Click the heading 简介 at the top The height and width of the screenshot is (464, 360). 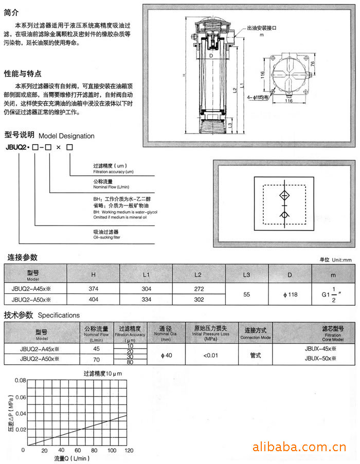coord(12,11)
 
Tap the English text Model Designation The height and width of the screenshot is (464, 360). coord(66,136)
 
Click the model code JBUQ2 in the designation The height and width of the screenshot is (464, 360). coord(16,148)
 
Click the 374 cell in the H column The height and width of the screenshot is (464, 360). coord(93,289)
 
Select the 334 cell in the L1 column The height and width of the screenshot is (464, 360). coord(146,299)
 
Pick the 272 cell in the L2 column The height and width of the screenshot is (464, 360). coord(198,289)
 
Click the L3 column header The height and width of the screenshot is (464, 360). coord(246,275)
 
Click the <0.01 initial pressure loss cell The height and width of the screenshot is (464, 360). coord(211,355)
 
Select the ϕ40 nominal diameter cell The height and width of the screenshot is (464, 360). coord(166,355)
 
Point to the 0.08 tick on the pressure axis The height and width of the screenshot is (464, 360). coord(20,380)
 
